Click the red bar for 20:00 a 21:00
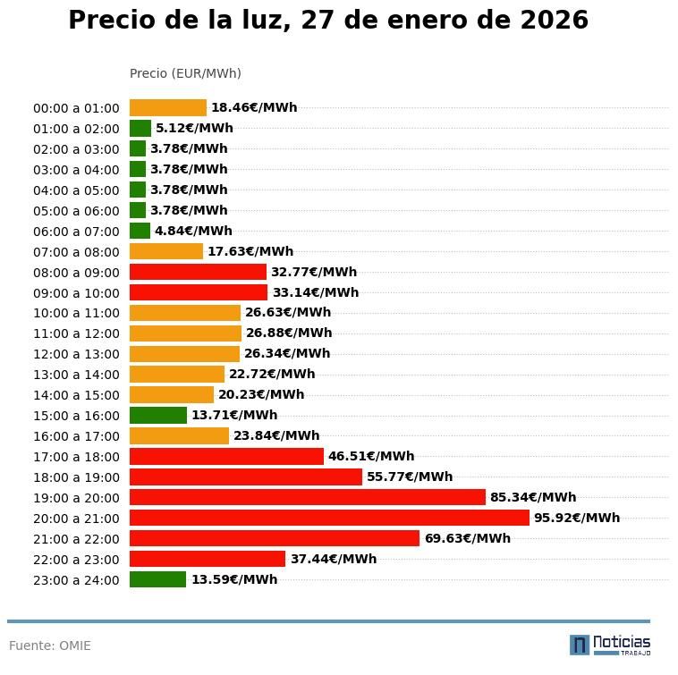(329, 518)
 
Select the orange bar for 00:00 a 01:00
(168, 107)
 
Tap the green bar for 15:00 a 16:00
(158, 415)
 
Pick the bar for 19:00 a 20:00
(308, 497)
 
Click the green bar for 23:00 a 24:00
(157, 579)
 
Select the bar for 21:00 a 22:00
(275, 538)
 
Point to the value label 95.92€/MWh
(577, 518)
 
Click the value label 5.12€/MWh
(194, 128)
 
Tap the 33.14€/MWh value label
(315, 292)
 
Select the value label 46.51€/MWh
(371, 456)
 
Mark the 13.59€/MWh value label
(233, 579)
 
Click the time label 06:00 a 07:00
(76, 232)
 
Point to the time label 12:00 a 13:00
(76, 354)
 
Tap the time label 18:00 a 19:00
(76, 477)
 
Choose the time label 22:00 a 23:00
(76, 560)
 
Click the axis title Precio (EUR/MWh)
(185, 73)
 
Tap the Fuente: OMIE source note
(50, 645)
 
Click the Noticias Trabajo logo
(610, 645)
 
